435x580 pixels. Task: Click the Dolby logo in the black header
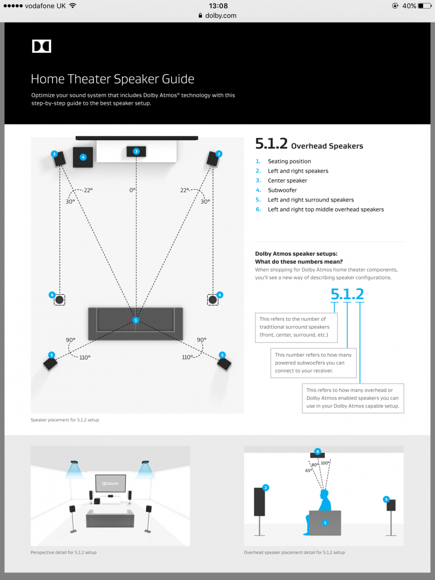coord(41,46)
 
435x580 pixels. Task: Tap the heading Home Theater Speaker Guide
coord(112,79)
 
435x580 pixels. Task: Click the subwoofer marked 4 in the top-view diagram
coord(83,157)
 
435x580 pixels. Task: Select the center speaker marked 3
coord(136,151)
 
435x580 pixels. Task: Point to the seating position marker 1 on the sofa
coord(136,320)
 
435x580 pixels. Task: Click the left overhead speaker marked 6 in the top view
coord(59,300)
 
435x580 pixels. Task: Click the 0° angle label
coord(133,190)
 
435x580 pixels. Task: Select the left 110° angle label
coord(85,357)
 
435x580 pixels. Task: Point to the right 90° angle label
coord(201,339)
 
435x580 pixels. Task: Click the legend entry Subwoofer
coord(282,190)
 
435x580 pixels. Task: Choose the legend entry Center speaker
coord(287,180)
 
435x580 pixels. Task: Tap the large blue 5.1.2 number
coord(347,294)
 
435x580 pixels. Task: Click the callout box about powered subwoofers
coord(313,363)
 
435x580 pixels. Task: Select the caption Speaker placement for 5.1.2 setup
coord(65,420)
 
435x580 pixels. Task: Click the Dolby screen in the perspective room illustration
coord(111,483)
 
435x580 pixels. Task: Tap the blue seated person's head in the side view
coord(324,494)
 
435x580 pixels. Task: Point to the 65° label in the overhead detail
coord(308,471)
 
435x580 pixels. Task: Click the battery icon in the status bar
coord(425,6)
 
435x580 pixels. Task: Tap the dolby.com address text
coord(221,16)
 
